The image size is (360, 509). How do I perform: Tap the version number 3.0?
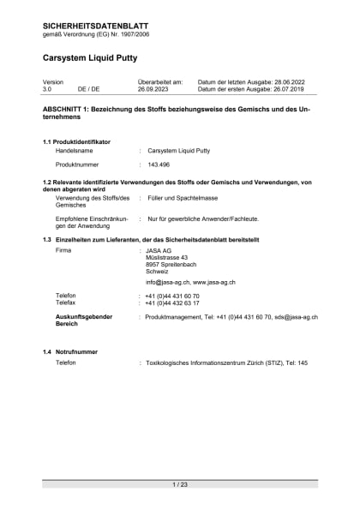pos(47,88)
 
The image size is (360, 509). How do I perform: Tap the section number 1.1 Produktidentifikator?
pos(76,141)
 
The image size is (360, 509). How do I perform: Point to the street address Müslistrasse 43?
pos(166,257)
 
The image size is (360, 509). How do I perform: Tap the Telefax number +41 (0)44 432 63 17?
pos(172,302)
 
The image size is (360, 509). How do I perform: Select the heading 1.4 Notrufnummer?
pos(70,351)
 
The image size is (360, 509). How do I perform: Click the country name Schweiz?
pos(158,271)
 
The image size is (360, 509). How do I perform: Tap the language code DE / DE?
pos(88,88)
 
